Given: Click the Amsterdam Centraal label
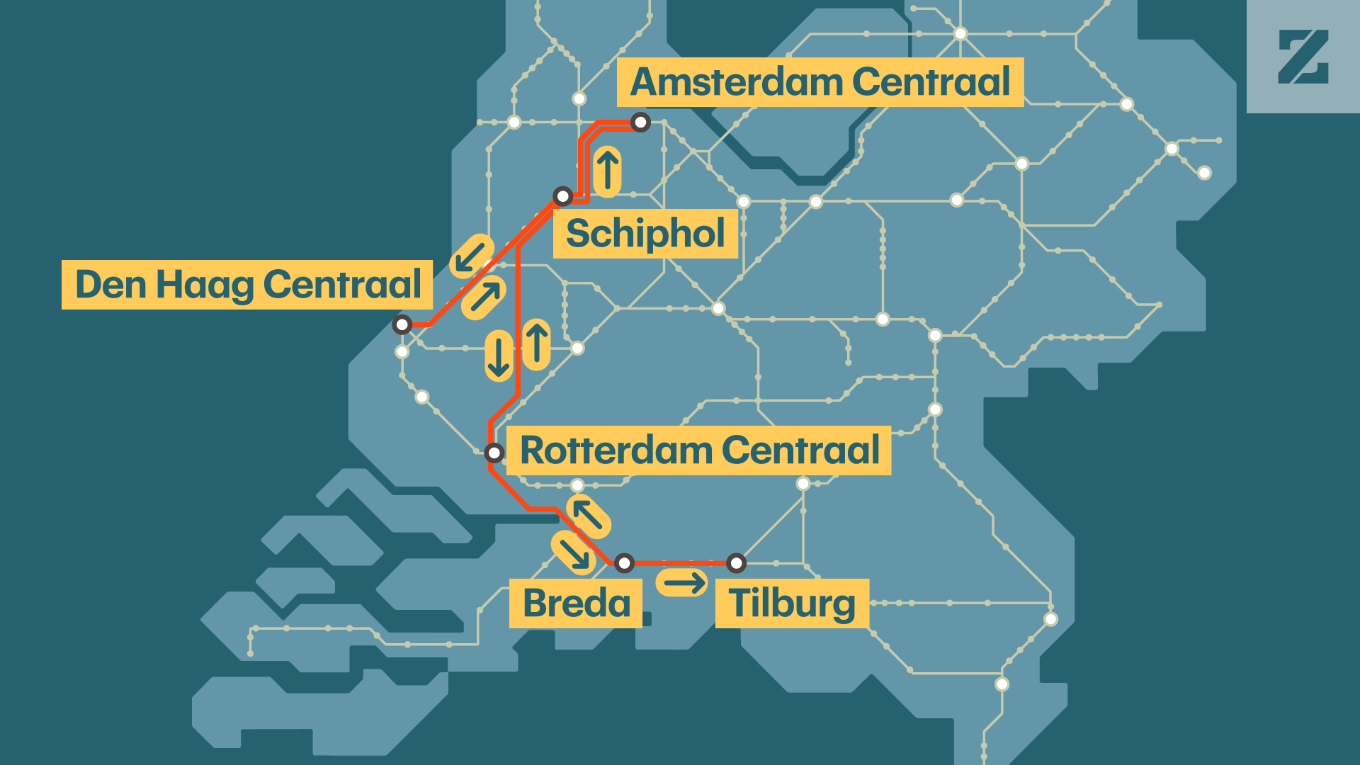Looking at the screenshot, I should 820,82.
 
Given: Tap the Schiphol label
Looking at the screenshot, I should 645,233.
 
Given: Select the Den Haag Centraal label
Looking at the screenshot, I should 247,285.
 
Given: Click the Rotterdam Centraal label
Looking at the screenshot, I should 699,450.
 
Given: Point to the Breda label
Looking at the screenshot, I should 576,603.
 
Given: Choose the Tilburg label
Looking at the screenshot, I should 792,603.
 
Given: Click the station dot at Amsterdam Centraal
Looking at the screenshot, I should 640,123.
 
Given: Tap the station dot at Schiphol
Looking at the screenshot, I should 563,196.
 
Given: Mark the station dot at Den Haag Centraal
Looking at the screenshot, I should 402,325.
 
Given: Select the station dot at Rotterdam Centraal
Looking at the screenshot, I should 494,453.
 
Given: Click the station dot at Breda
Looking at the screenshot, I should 624,563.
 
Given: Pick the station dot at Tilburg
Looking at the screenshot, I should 737,563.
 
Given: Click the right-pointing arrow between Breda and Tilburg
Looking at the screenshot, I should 682,583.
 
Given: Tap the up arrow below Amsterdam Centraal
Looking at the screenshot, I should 608,171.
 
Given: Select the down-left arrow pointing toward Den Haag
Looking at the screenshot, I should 471,256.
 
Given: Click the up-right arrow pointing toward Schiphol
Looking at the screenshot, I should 484,297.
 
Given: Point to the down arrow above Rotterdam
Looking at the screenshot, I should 499,356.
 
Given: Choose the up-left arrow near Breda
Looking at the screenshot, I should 588,516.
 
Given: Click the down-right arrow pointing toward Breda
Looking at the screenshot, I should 573,552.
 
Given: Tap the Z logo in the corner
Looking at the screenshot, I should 1303,57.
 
